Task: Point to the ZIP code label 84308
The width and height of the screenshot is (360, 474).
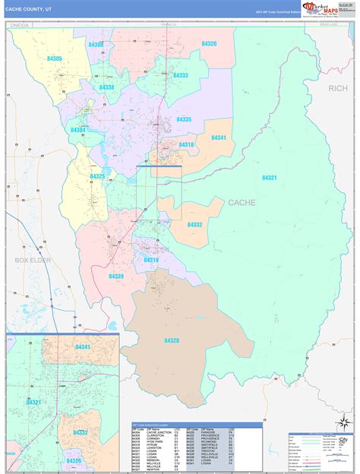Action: pyautogui.click(x=96, y=46)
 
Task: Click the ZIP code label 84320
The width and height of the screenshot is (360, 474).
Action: pyautogui.click(x=209, y=44)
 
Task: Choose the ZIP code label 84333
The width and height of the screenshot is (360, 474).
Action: pyautogui.click(x=180, y=75)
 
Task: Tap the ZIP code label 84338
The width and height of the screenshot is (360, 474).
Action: pyautogui.click(x=106, y=87)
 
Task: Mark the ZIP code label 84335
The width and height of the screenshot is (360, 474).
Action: pyautogui.click(x=184, y=119)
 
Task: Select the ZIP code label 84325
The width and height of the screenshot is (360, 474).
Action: pyautogui.click(x=97, y=176)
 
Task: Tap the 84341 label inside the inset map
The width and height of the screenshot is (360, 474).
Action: pyautogui.click(x=83, y=346)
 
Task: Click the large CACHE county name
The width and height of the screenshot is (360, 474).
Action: pyautogui.click(x=242, y=203)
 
